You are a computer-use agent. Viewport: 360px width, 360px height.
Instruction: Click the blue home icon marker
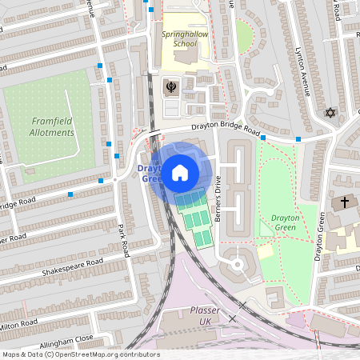click(x=179, y=172)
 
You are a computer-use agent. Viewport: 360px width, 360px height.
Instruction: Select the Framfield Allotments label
click(x=53, y=126)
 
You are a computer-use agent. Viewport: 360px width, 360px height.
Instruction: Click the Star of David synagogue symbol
click(x=329, y=113)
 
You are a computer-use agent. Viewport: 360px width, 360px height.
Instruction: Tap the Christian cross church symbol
click(x=345, y=202)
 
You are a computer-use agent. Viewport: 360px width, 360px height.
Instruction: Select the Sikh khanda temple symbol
click(x=170, y=86)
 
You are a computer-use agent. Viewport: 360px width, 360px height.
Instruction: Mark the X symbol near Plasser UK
click(x=233, y=318)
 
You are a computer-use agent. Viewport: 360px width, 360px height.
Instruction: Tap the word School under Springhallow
click(x=184, y=44)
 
